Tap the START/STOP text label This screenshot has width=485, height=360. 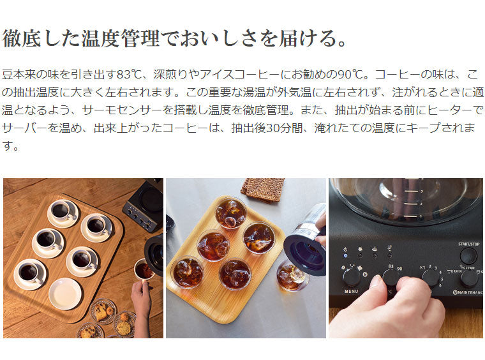point(468,244)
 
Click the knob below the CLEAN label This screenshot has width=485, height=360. point(469,278)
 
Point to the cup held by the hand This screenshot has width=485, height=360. point(144,269)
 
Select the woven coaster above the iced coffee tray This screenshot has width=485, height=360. point(263,190)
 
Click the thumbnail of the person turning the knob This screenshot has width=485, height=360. point(406,258)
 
